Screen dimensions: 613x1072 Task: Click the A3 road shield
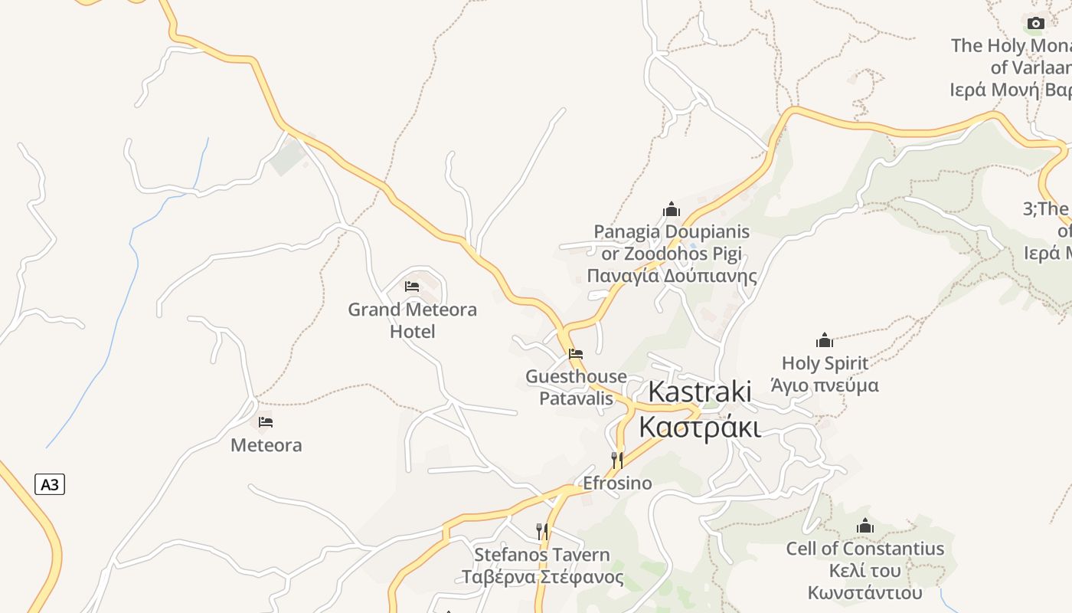(x=50, y=484)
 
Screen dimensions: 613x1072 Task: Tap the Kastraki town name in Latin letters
(x=700, y=391)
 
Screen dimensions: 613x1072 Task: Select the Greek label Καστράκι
(x=700, y=427)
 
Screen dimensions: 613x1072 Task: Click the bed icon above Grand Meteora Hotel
(x=412, y=287)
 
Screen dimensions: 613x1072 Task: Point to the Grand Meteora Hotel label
(x=412, y=320)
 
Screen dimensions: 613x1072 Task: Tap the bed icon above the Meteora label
(x=266, y=422)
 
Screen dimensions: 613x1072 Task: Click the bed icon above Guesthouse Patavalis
(x=576, y=354)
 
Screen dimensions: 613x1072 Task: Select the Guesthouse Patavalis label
(x=576, y=387)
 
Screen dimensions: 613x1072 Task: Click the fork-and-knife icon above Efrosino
(x=616, y=460)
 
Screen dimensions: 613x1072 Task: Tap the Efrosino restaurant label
(x=617, y=483)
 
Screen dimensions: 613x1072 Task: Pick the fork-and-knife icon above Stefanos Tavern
(x=542, y=531)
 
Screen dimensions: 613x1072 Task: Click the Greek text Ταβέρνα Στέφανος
(x=542, y=577)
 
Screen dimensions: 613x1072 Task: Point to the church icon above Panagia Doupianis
(x=672, y=209)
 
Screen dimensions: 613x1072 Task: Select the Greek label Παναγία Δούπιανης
(x=672, y=276)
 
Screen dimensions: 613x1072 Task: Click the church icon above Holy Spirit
(x=825, y=339)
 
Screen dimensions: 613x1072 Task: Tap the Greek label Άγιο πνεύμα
(x=825, y=385)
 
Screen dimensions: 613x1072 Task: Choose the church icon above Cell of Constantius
(x=865, y=526)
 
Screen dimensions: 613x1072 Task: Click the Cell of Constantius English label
(x=865, y=549)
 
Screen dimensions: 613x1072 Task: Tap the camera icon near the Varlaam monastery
(x=1036, y=23)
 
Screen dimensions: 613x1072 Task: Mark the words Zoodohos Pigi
(x=683, y=254)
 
